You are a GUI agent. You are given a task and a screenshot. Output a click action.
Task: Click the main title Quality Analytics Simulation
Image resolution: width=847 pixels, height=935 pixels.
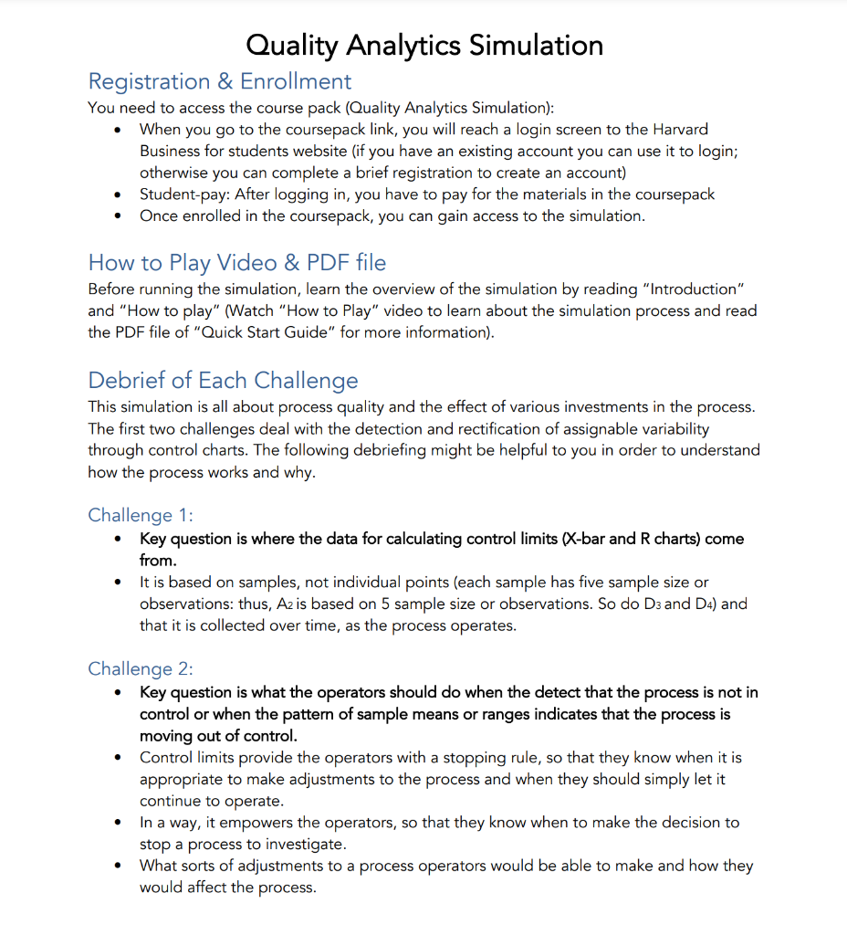click(424, 45)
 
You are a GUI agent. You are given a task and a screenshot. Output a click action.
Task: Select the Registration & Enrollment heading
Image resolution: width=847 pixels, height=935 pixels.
click(219, 81)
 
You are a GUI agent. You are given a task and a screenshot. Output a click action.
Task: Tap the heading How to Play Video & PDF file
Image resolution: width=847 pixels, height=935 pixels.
click(236, 263)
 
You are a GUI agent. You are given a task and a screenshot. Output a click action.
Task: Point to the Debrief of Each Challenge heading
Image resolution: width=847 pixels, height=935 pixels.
click(223, 380)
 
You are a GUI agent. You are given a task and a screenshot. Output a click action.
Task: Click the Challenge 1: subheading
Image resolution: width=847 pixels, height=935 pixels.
click(140, 515)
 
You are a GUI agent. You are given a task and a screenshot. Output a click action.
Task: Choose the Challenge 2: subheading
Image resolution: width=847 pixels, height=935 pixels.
click(140, 668)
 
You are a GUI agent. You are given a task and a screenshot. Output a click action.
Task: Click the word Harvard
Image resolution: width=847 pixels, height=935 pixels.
click(679, 130)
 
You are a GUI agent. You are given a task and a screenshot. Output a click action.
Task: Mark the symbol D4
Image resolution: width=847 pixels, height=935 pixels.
click(702, 604)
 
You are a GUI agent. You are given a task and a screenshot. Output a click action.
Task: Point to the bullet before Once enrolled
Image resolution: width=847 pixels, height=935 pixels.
click(118, 216)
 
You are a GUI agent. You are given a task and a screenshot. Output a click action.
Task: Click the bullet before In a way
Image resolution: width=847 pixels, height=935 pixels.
click(118, 823)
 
